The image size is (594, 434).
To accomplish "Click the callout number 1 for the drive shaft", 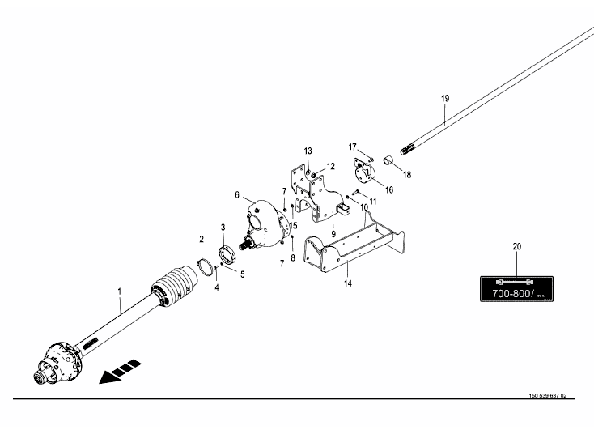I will coord(119,290).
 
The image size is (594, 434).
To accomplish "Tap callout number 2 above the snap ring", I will coord(202,239).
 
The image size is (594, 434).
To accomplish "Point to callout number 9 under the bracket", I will coord(333,233).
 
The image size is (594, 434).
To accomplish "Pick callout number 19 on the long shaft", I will coord(444,98).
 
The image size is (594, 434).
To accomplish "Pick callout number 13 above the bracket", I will coord(308,151).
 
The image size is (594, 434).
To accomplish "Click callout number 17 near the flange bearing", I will coord(353,147).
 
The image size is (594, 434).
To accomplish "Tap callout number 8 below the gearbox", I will coord(293,257).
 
